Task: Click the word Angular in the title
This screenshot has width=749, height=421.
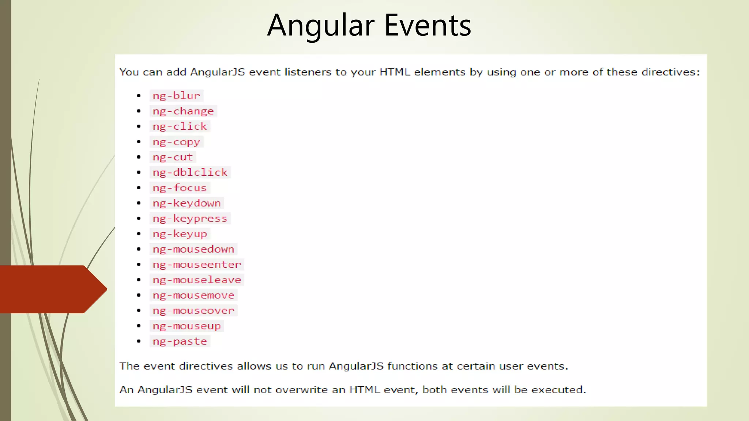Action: pyautogui.click(x=321, y=26)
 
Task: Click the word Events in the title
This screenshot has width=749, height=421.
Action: pyautogui.click(x=428, y=26)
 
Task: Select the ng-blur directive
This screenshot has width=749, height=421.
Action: pyautogui.click(x=176, y=96)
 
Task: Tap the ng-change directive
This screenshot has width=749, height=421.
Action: pyautogui.click(x=183, y=111)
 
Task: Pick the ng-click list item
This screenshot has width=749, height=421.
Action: pyautogui.click(x=180, y=126)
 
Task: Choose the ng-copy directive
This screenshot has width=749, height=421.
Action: pyautogui.click(x=176, y=142)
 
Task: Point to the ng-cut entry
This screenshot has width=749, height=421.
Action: pyautogui.click(x=173, y=157)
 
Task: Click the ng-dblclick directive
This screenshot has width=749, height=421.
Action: pyautogui.click(x=190, y=172)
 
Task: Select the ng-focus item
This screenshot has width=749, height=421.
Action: pyautogui.click(x=180, y=188)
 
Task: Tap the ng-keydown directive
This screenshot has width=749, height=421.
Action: pyautogui.click(x=187, y=203)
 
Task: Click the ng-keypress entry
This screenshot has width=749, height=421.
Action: pyautogui.click(x=190, y=219)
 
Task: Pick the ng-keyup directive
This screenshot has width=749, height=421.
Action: pyautogui.click(x=180, y=234)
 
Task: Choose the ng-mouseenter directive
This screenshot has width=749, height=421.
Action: pyautogui.click(x=197, y=265)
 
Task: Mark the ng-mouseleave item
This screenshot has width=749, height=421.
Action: pyautogui.click(x=197, y=280)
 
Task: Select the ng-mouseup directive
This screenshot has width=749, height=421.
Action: pyautogui.click(x=187, y=326)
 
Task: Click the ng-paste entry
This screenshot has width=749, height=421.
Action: pyautogui.click(x=180, y=341)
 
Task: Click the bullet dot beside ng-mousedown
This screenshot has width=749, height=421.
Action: pyautogui.click(x=139, y=249)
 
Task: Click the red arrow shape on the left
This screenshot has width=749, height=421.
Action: pyautogui.click(x=51, y=289)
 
